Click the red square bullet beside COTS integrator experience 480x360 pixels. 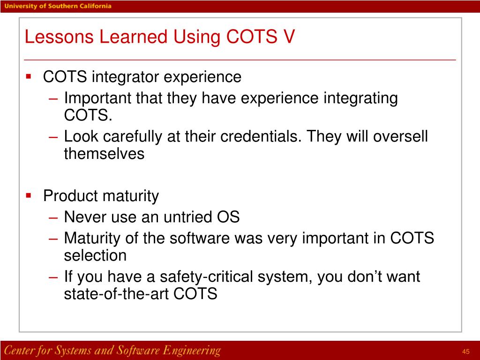click(29, 75)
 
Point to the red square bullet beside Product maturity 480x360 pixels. click(29, 195)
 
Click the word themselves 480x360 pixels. click(104, 154)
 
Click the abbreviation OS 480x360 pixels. click(228, 217)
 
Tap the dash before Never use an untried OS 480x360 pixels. click(53, 217)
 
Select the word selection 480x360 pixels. click(95, 256)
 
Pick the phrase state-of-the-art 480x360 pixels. click(117, 294)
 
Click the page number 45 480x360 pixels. click(465, 352)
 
